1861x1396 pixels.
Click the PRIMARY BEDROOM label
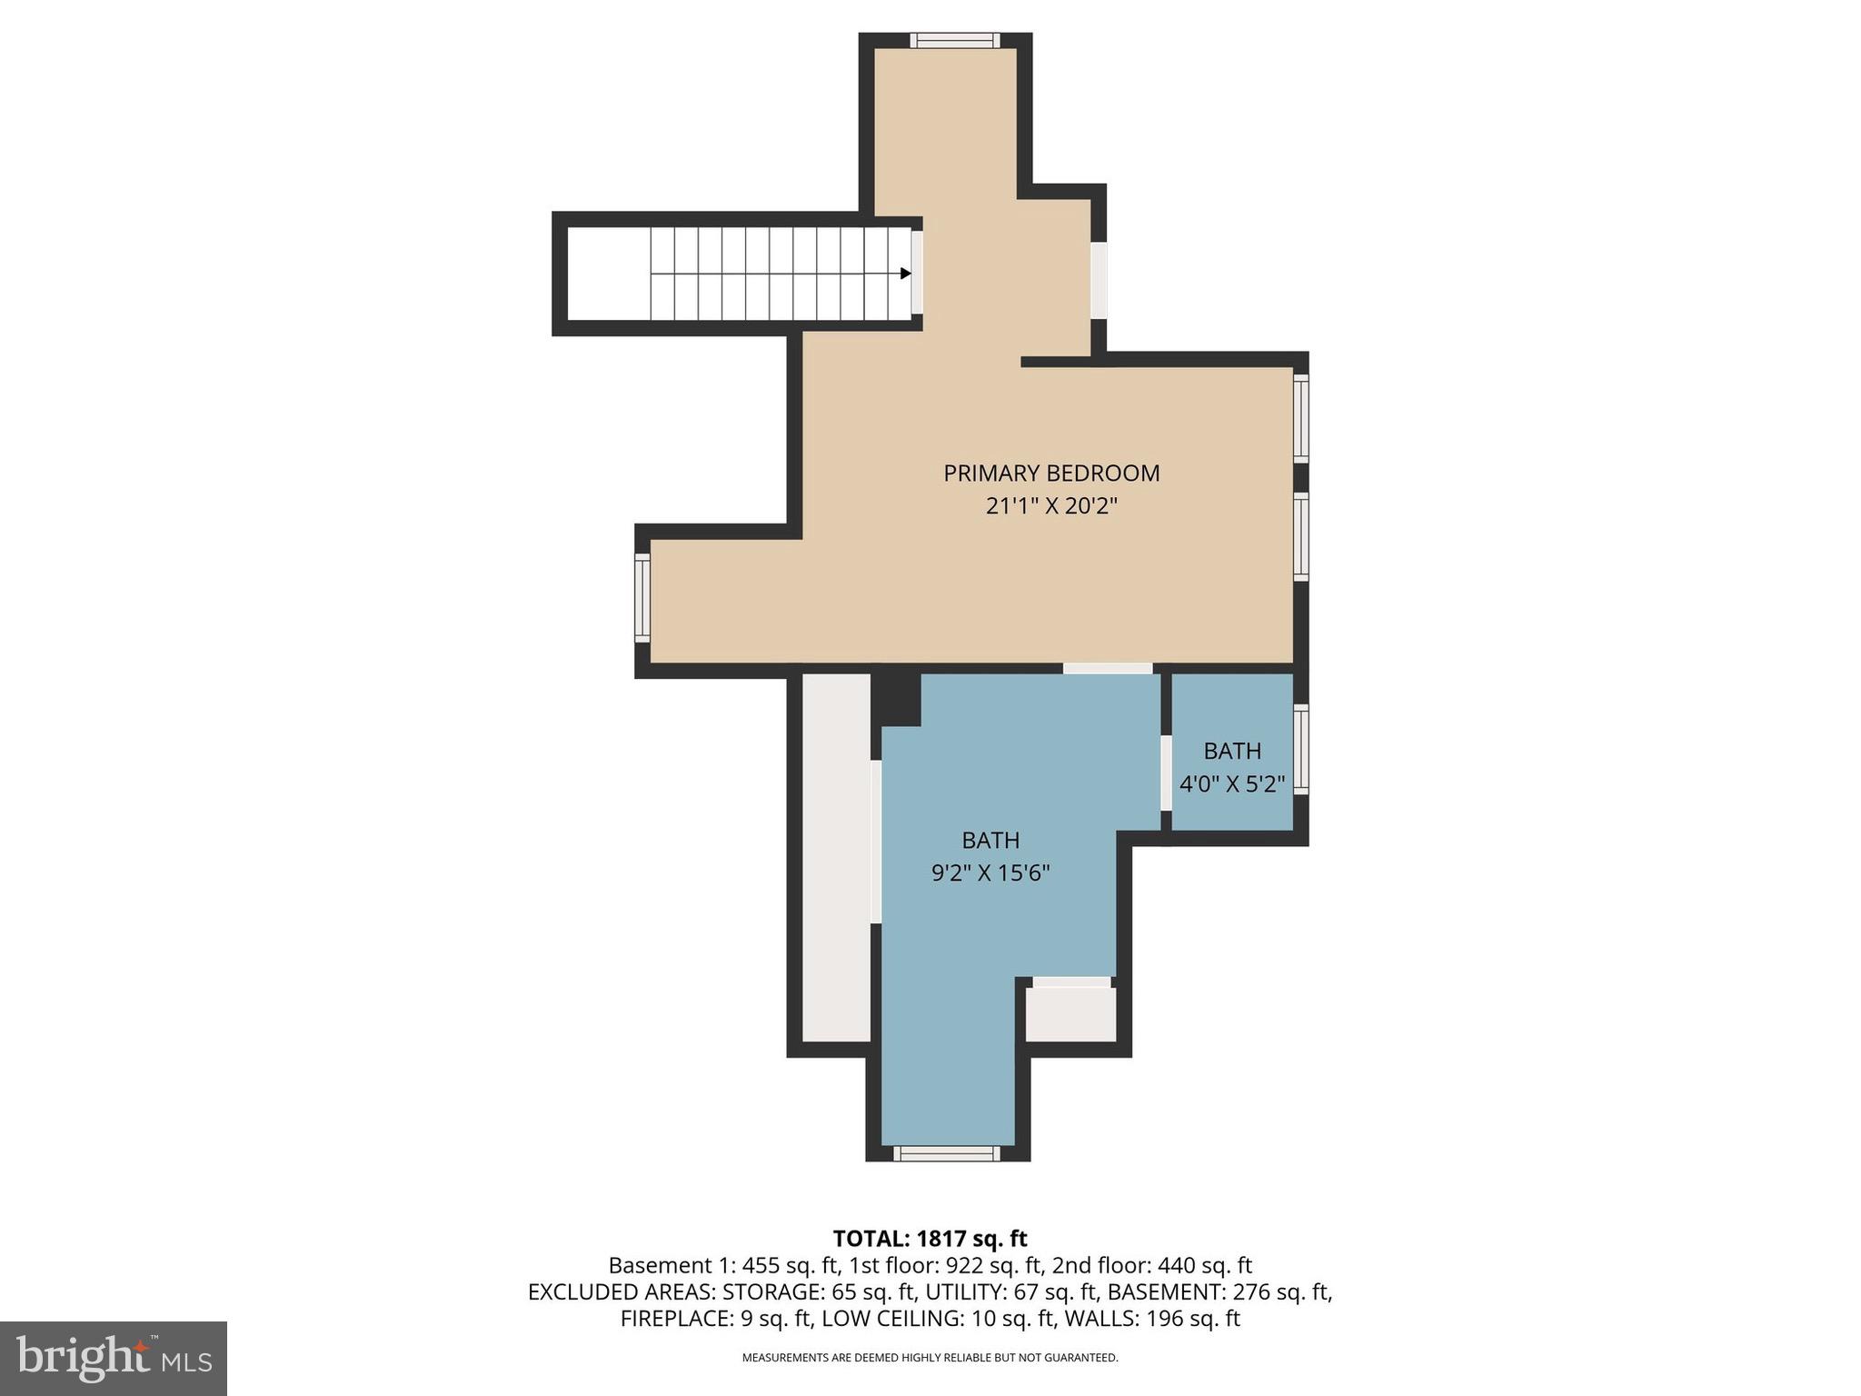(x=1051, y=474)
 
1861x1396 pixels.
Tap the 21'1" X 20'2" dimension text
(x=1051, y=506)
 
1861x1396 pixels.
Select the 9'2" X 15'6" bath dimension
(x=990, y=873)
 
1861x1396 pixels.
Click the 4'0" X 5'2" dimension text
(x=1232, y=784)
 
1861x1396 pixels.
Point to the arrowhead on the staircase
(x=905, y=274)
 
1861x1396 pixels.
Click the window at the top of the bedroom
(x=955, y=41)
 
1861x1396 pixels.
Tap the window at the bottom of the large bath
(x=947, y=1153)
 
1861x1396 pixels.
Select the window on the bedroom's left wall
(x=642, y=598)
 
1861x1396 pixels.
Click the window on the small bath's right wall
(x=1301, y=749)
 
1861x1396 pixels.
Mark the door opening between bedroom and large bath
(x=1108, y=669)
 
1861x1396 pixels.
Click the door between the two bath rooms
(x=1166, y=773)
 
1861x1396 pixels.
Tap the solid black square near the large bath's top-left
(x=896, y=698)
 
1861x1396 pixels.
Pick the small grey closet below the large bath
(x=1070, y=1014)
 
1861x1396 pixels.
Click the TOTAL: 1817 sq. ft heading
(x=930, y=1239)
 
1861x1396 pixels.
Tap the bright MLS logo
(x=114, y=1358)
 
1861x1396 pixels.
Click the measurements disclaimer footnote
(x=930, y=1358)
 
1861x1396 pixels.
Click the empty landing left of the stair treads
(x=608, y=274)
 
